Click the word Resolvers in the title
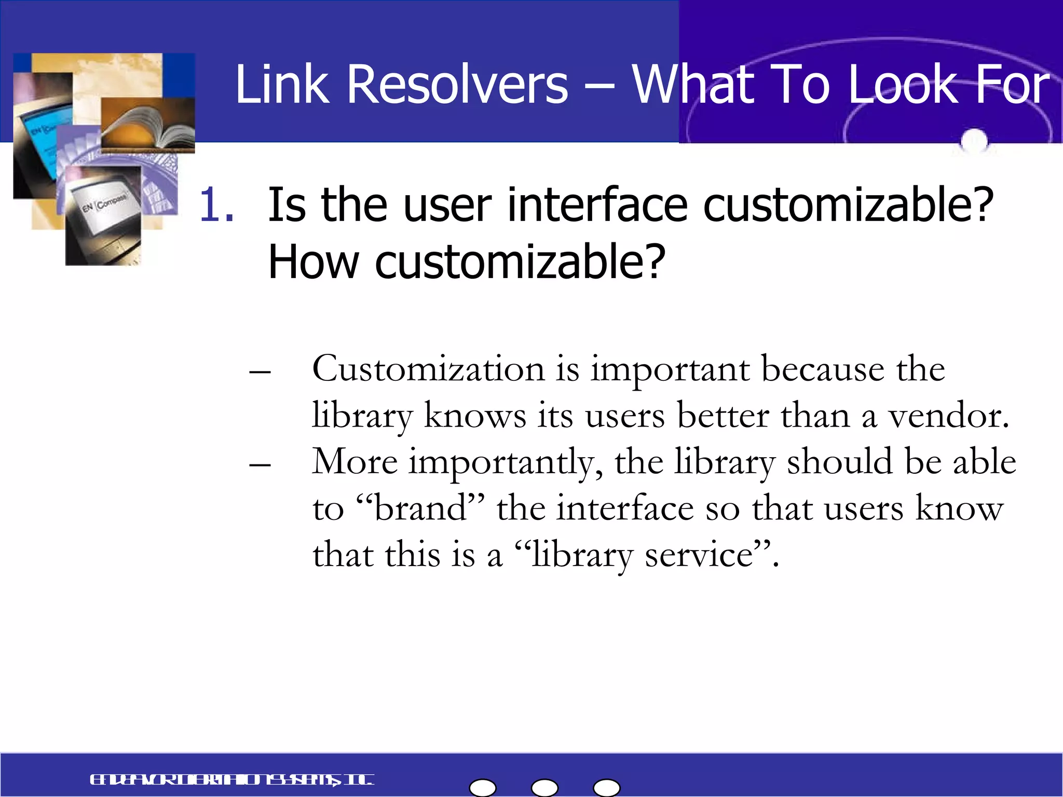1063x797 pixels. [457, 84]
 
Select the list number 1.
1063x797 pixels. [215, 205]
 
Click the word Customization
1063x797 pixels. [428, 369]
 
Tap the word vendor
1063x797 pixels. [948, 416]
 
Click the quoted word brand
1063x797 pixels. [420, 509]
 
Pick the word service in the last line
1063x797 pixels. [699, 555]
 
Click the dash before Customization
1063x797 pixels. [260, 372]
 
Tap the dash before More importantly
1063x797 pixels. [260, 464]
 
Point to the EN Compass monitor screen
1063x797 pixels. [104, 205]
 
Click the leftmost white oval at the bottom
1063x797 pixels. [483, 788]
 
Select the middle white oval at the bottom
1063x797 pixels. [545, 788]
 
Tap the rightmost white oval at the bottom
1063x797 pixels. [607, 788]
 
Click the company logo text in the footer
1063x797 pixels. [231, 780]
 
